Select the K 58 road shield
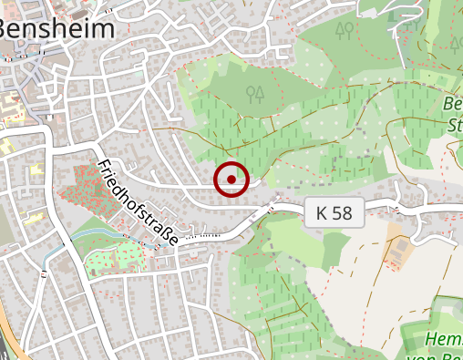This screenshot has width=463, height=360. click(334, 213)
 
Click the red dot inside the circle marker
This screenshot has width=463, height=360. click(231, 180)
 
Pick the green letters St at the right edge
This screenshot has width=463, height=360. click(454, 122)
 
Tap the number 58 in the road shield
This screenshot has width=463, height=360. click(343, 213)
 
